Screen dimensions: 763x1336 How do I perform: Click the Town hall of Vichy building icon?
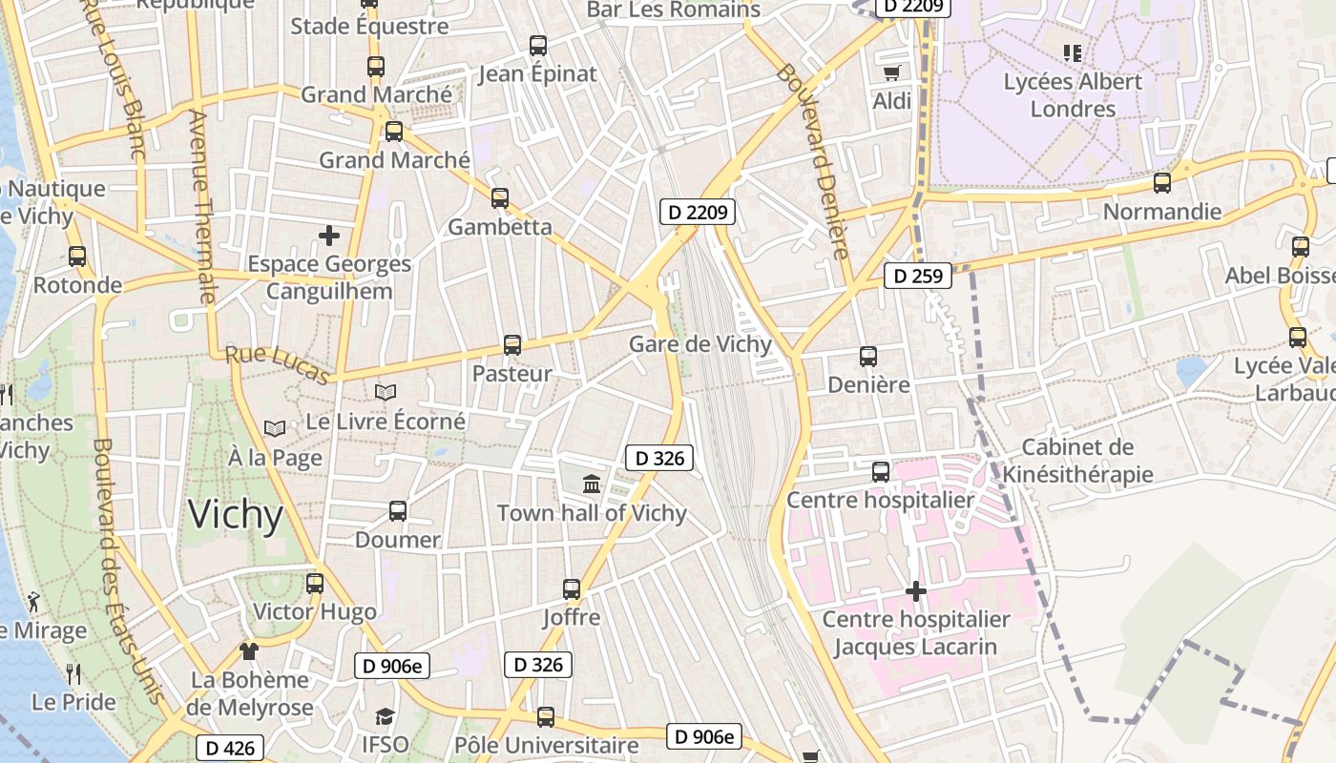592,485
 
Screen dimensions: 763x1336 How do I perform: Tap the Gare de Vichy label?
700,344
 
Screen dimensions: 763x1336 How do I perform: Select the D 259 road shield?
918,277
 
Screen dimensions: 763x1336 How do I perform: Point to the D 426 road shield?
230,748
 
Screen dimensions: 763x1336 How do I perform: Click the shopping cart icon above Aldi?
891,72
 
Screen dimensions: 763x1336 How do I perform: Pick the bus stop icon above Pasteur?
512,345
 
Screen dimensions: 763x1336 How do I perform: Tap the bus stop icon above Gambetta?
500,198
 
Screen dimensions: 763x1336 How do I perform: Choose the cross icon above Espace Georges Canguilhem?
329,235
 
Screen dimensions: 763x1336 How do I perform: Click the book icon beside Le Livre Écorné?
386,393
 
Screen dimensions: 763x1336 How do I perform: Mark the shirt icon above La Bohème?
249,651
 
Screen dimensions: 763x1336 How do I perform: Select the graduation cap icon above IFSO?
385,716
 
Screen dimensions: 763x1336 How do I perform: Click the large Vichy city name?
236,515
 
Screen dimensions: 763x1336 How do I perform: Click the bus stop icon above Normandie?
1162,183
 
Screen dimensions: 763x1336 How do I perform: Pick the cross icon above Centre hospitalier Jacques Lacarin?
916,591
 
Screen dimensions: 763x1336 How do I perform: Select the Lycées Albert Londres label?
1073,95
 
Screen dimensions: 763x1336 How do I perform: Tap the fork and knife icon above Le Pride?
73,674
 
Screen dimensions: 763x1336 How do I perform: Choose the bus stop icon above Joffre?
572,589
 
